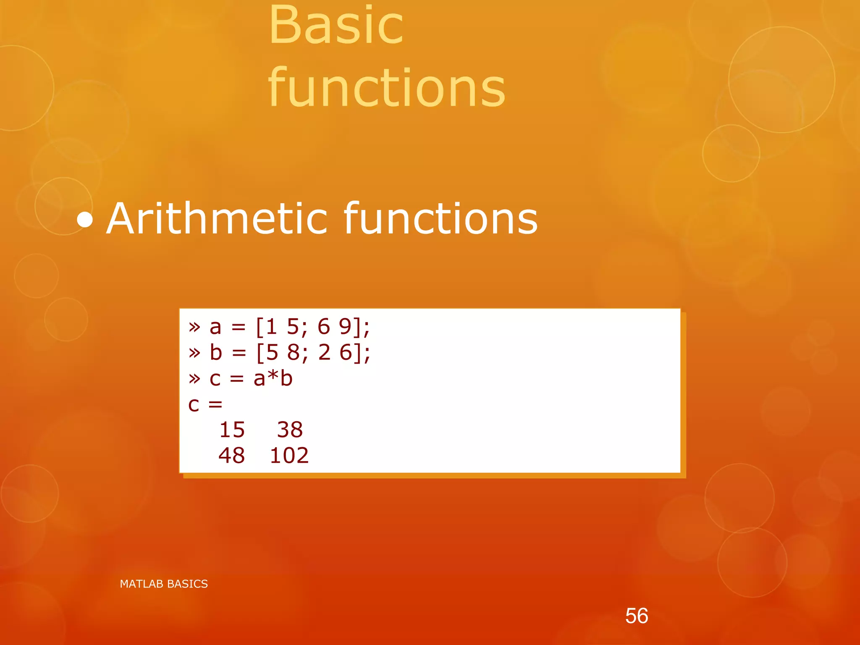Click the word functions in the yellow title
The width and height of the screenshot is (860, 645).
[386, 88]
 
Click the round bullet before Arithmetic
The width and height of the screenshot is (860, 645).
[85, 220]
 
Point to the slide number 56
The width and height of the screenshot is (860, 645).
[637, 616]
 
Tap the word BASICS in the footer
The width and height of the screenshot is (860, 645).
[187, 584]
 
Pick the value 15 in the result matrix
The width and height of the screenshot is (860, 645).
[232, 430]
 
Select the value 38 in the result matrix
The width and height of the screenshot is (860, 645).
[290, 430]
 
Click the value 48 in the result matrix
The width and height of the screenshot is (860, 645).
[231, 456]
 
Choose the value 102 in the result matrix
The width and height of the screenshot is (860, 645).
[289, 456]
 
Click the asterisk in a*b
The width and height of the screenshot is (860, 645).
[273, 377]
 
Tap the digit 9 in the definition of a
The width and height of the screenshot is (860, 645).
[345, 327]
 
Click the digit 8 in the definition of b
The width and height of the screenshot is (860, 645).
[294, 352]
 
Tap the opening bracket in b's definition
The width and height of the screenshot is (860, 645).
[260, 352]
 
